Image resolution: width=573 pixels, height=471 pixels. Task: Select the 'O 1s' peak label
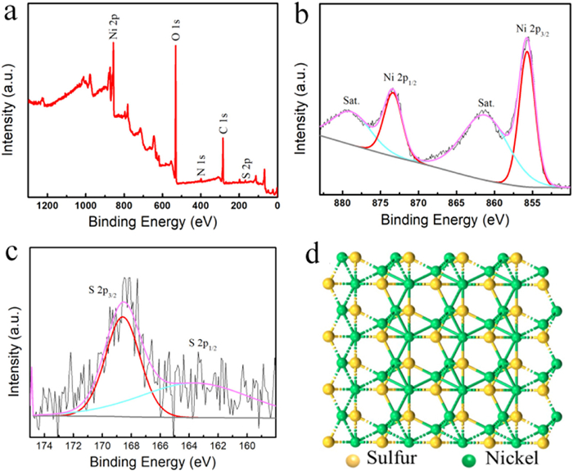point(175,32)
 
